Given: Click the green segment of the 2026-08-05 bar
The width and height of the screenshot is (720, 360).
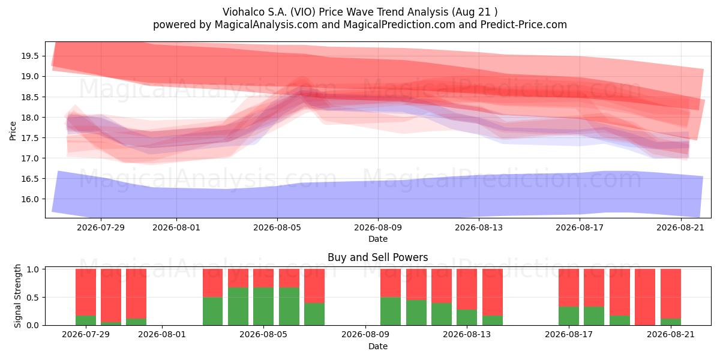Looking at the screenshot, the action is [263, 306].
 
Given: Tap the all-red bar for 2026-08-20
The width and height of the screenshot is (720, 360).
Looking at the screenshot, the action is [645, 297].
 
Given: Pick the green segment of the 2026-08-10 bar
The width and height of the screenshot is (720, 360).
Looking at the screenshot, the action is [391, 311].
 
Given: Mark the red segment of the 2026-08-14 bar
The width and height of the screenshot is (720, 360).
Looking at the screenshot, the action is [493, 292].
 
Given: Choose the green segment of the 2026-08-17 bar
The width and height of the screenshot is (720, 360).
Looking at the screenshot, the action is [569, 316].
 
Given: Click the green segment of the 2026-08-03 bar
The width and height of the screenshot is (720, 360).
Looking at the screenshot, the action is [212, 311].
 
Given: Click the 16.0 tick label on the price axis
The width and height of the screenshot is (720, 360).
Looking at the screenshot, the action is [30, 199].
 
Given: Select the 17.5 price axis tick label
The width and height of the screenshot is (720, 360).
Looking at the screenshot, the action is [30, 138].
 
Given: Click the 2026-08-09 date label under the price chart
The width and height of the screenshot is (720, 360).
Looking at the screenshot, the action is [378, 227].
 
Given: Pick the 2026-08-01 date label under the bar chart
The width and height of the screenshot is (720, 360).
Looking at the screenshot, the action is [162, 334].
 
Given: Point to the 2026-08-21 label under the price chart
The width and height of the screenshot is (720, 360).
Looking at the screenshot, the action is [680, 227].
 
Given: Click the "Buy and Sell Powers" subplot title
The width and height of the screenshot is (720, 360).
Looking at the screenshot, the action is [377, 257].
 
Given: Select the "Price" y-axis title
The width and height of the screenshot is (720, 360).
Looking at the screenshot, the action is [13, 131].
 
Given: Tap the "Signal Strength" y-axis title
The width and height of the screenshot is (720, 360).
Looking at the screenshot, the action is [17, 296].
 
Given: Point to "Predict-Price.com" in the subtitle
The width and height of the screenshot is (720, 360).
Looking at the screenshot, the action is [524, 25].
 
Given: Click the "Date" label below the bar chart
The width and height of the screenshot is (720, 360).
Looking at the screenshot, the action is [378, 346].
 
